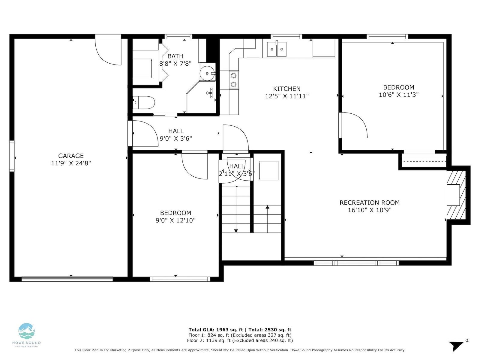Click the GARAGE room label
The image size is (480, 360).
pos(71,156)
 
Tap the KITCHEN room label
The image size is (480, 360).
pos(287,88)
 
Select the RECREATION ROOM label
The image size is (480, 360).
pos(369,202)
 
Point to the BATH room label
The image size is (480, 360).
pos(175,56)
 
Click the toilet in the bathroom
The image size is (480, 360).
pos(144,103)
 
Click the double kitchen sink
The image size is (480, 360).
pos(277,49)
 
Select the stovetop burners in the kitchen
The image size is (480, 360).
pos(234,80)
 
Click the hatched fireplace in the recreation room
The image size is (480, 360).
pos(456,195)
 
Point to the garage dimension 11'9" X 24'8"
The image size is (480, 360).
pos(71,163)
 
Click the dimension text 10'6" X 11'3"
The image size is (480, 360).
pos(399,94)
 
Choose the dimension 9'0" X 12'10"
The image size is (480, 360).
pos(175,220)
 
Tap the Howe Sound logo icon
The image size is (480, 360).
pos(26,331)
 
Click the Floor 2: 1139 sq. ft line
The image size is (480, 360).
pos(240,340)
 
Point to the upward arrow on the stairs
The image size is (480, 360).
pos(267,219)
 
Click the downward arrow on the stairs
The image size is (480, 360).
pos(236,209)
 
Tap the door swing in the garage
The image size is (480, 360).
pos(108,52)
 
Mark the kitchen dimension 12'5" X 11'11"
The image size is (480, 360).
pos(287,96)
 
